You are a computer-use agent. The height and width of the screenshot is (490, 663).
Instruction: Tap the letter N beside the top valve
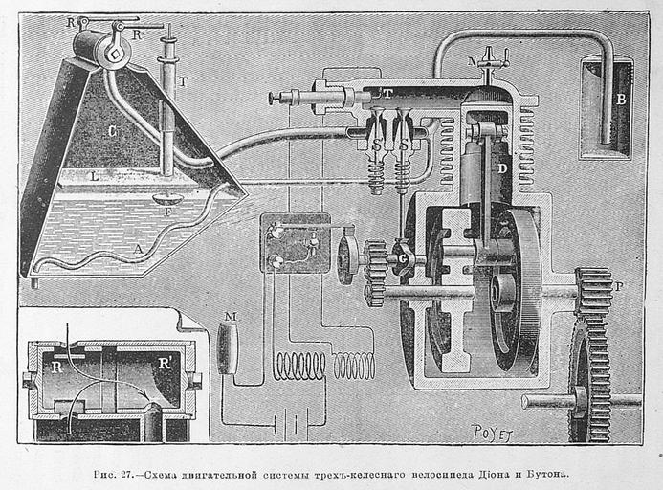pyautogui.click(x=473, y=60)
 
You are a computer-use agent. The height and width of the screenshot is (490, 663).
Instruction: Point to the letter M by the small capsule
pyautogui.click(x=229, y=315)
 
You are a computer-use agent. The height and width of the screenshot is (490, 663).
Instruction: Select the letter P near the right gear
pyautogui.click(x=618, y=284)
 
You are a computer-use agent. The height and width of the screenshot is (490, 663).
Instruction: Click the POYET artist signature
pyautogui.click(x=492, y=434)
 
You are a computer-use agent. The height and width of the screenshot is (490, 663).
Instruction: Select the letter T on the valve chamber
pyautogui.click(x=387, y=93)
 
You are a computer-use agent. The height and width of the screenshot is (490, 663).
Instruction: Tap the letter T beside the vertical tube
pyautogui.click(x=182, y=81)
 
